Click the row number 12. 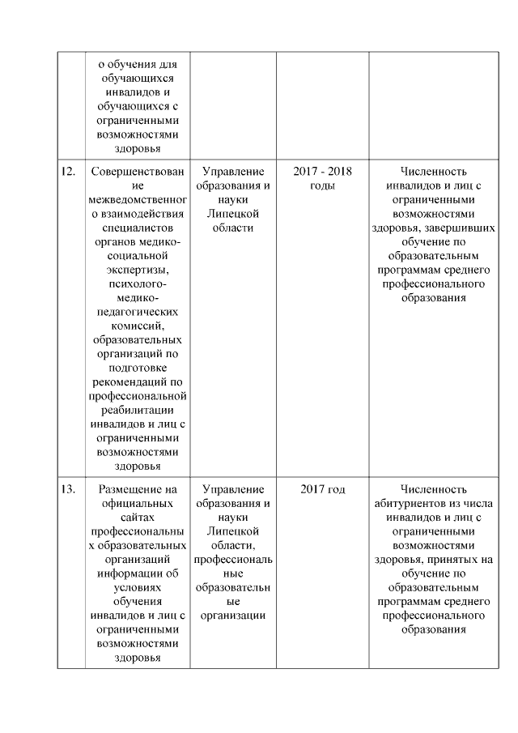coord(69,172)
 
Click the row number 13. coord(69,488)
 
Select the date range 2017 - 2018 coord(322,172)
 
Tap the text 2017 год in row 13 coord(322,488)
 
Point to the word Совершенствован coord(137,172)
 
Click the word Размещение coord(137,488)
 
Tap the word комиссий coord(137,326)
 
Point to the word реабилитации coord(137,410)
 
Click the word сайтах coord(137,517)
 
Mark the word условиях coord(137,587)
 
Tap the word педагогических coord(137,312)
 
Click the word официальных coord(137,503)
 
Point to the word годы coord(322,185)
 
